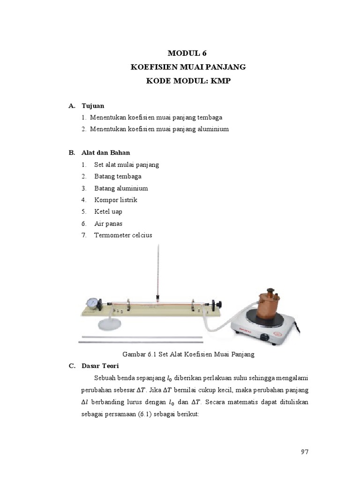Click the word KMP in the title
coord(221,81)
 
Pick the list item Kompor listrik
coord(115,200)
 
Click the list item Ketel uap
coord(108,211)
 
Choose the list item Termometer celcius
coord(123,235)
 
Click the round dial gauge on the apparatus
coord(93,303)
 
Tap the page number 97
coord(305,452)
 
